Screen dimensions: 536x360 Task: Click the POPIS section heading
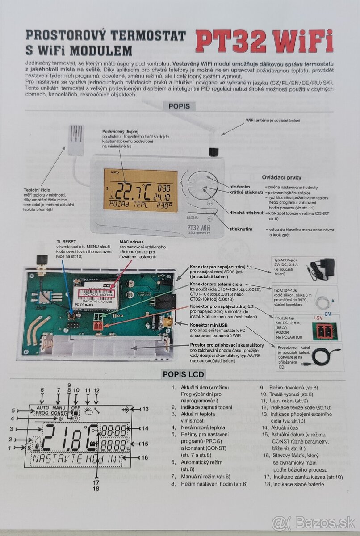pyautogui.click(x=179, y=106)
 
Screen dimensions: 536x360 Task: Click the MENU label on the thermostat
pyautogui.click(x=193, y=218)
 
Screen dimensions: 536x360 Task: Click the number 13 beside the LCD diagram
pyautogui.click(x=145, y=409)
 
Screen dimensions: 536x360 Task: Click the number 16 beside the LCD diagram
pyautogui.click(x=144, y=457)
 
